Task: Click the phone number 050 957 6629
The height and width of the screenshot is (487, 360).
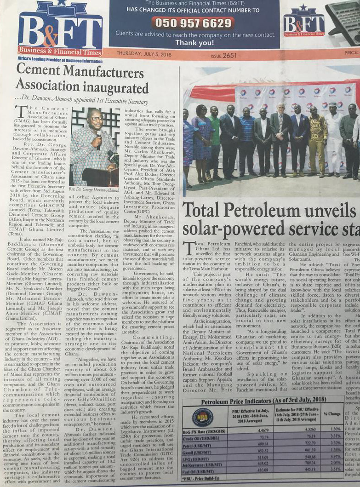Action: (x=194, y=23)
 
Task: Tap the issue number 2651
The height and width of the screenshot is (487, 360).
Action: (x=229, y=56)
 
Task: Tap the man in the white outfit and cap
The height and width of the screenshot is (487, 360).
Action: (x=333, y=138)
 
